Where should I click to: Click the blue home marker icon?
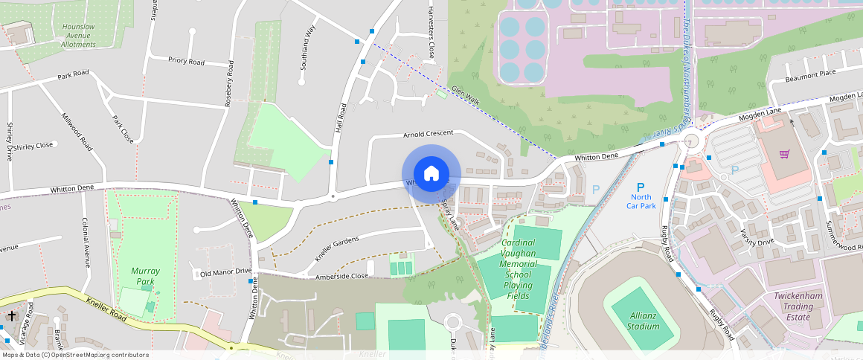coord(431,174)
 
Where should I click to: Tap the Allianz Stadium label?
coord(643,321)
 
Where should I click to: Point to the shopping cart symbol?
coord(784,154)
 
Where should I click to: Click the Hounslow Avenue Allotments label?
coord(78,35)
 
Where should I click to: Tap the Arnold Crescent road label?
coord(428,134)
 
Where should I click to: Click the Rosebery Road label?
coord(230,83)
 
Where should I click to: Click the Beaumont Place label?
coord(811,74)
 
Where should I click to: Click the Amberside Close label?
coord(341,276)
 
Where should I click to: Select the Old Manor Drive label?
coord(225,273)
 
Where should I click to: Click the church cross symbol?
coord(11,316)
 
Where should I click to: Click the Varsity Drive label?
coord(757,237)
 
